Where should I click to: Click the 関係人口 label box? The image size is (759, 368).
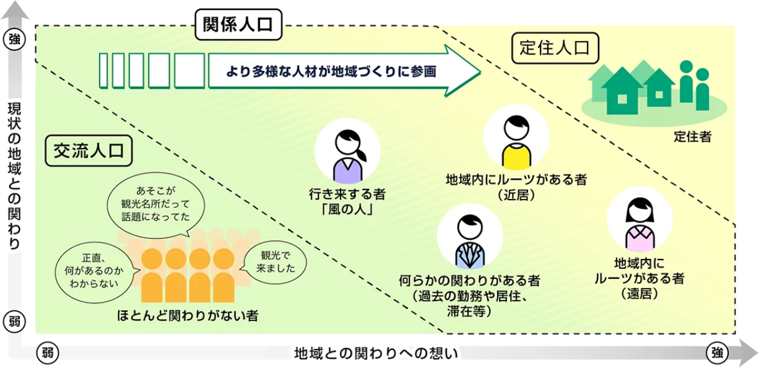point(238,25)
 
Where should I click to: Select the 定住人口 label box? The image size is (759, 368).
point(555,48)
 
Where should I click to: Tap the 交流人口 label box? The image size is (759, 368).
point(89,151)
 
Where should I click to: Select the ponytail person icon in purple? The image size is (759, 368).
point(347,151)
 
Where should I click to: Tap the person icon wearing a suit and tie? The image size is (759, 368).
point(469,237)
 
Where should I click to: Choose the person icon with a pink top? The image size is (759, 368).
point(639,220)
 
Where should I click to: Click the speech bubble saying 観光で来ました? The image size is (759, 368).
point(274,262)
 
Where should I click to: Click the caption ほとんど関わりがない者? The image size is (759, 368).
point(188,315)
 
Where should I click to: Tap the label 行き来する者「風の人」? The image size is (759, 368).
point(347,202)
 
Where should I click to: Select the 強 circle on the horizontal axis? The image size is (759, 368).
point(717,353)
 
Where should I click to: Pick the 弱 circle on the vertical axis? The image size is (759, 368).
point(14,322)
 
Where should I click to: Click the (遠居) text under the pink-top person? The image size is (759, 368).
point(638,293)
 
